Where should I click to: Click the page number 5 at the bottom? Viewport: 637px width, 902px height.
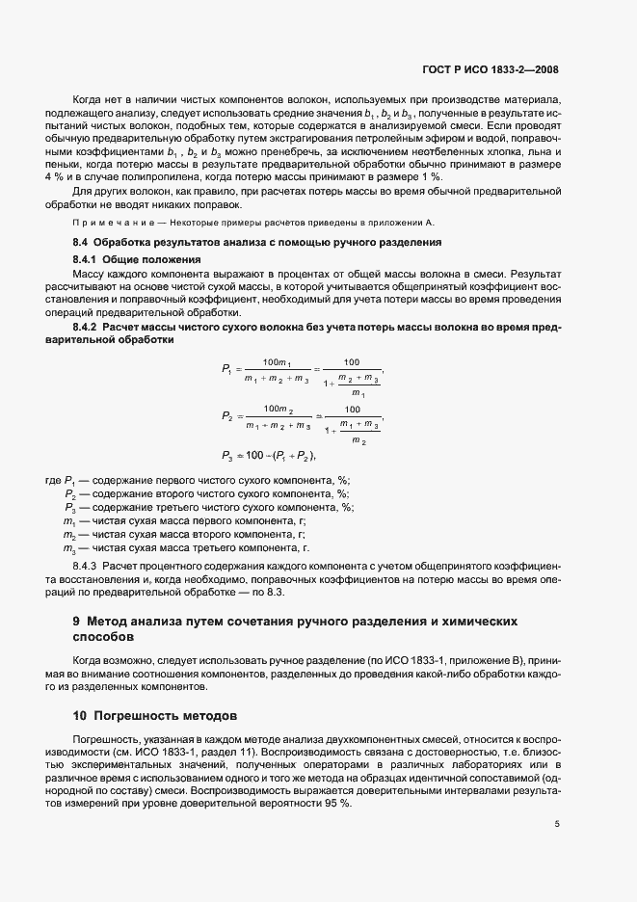tap(557, 824)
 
